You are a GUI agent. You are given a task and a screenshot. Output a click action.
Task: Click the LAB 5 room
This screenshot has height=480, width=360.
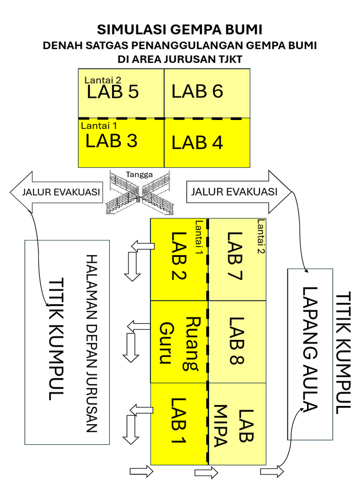click(121, 93)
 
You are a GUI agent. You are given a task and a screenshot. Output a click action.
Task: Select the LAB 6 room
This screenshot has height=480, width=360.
click(207, 93)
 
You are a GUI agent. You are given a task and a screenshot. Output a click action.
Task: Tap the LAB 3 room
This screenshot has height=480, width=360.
click(121, 142)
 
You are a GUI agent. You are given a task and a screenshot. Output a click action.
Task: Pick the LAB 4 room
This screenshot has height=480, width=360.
click(207, 142)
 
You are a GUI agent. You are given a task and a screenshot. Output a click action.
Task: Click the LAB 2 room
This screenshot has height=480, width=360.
click(179, 260)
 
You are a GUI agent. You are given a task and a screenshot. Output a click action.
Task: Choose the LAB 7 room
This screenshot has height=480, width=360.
click(237, 260)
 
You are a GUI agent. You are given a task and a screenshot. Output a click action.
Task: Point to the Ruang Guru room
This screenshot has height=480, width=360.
click(179, 342)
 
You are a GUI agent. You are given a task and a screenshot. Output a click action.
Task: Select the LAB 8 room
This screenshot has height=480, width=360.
click(237, 342)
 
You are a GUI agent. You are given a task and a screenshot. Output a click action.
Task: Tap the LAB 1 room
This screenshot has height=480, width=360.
click(179, 424)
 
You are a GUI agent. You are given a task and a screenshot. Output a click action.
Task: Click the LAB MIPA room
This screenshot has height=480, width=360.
click(237, 424)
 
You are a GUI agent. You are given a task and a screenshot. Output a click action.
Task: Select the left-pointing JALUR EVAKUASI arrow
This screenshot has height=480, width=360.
click(56, 192)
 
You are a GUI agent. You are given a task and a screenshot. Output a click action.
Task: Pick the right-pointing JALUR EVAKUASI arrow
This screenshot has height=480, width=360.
click(239, 192)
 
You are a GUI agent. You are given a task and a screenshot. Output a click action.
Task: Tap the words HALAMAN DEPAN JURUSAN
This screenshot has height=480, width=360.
click(91, 343)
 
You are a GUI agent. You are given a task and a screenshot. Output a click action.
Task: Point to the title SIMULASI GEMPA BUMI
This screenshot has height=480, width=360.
click(180, 30)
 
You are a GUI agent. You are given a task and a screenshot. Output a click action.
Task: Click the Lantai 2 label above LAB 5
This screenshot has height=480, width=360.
click(103, 80)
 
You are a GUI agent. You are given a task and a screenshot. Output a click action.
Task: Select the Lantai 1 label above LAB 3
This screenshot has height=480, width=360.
click(99, 126)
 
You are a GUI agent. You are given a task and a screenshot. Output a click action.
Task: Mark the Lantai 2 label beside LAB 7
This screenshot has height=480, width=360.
click(261, 237)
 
